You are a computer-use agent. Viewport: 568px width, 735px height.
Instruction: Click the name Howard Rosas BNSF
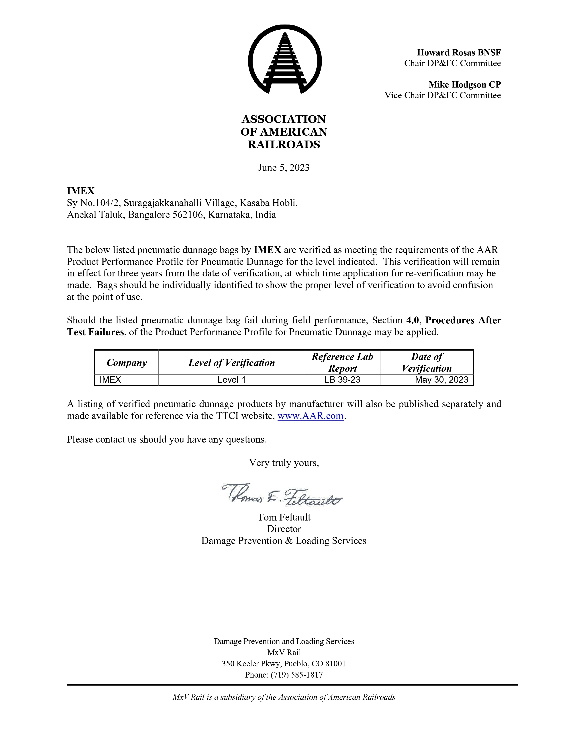pos(459,53)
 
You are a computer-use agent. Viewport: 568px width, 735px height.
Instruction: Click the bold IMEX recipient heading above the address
pos(81,191)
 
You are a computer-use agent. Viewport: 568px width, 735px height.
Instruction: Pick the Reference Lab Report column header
pos(342,362)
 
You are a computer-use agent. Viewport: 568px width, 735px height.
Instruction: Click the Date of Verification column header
pos(427,362)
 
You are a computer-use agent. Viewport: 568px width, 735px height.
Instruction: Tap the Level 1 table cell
pos(231,380)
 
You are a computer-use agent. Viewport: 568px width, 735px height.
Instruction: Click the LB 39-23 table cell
pos(342,380)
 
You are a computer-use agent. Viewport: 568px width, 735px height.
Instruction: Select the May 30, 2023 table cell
pos(441,380)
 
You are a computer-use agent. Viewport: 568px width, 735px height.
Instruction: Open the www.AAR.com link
pos(310,416)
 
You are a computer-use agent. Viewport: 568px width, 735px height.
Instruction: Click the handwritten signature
pos(282,495)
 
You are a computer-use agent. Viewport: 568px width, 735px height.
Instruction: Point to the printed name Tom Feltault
pos(284,517)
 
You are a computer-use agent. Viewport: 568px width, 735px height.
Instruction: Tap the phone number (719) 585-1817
pos(296,675)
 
